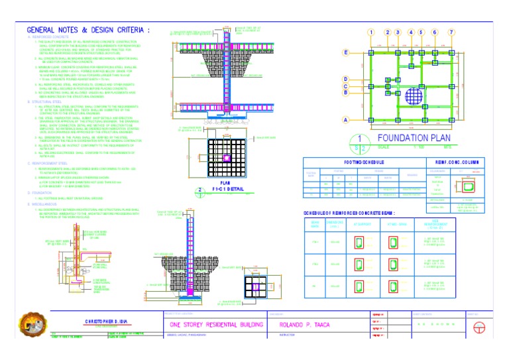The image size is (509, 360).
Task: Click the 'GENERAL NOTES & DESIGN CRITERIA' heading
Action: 88,30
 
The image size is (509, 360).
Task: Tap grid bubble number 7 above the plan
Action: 451,32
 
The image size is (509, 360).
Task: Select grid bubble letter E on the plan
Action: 346,52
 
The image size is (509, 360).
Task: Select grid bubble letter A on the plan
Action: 346,120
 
